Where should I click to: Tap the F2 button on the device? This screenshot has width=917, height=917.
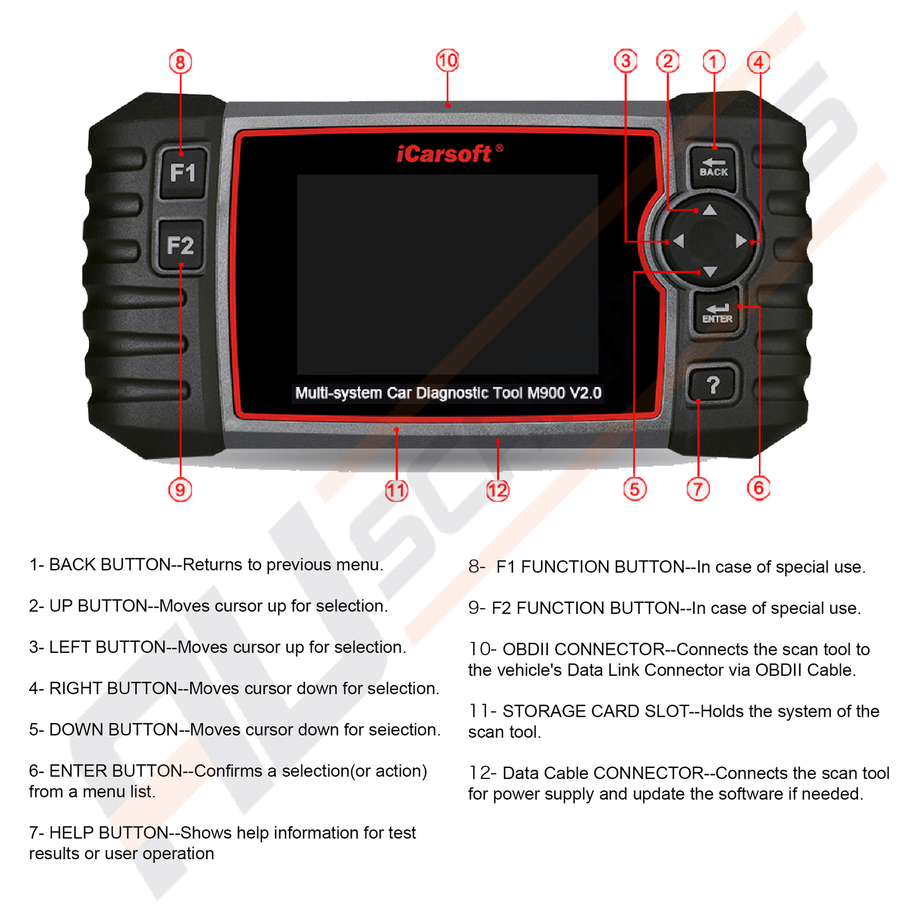pos(181,245)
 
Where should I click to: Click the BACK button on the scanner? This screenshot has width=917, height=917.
pos(714,168)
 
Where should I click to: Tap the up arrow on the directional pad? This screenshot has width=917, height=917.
pos(710,210)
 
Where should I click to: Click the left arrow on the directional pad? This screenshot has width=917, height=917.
pos(679,241)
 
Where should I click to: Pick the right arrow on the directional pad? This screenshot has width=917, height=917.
pos(741,241)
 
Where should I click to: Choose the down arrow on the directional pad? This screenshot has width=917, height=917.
pos(710,272)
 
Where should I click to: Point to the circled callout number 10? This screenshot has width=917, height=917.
pos(448,60)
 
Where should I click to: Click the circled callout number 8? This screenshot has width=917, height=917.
pos(180,62)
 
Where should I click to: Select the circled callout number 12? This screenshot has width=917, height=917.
pos(497,490)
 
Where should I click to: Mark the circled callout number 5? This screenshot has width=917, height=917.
pos(634,489)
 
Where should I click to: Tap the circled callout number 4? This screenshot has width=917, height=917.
pos(758,62)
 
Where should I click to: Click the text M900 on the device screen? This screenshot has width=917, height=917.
pos(546,393)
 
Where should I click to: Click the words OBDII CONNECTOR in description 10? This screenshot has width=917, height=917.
pos(583,649)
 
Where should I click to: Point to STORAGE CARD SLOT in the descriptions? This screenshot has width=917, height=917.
pos(595,711)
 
